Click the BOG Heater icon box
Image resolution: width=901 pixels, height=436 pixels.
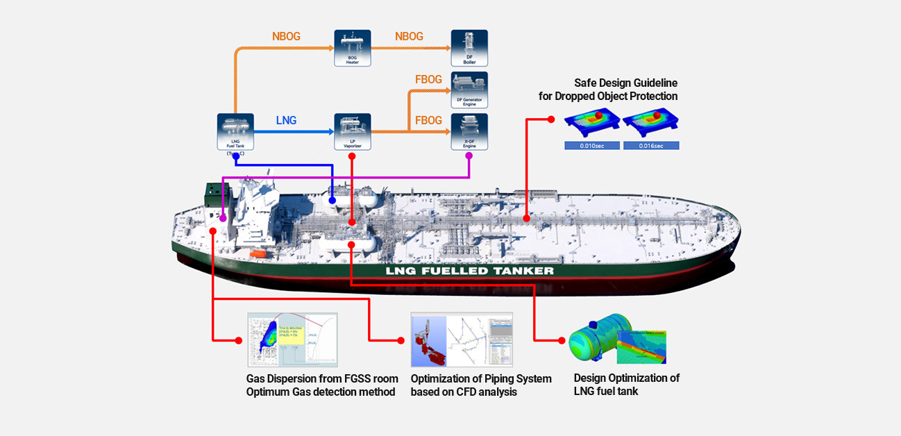coord(353,48)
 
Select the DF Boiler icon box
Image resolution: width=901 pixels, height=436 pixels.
coord(469,48)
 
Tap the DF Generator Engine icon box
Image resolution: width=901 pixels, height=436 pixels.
coord(469,90)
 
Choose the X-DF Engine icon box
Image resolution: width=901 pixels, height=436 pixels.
coord(469,131)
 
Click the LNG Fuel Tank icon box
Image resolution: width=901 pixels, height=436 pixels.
coord(235,131)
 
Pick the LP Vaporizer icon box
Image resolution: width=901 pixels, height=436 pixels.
coord(353,131)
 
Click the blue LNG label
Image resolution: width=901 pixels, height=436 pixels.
coord(286,121)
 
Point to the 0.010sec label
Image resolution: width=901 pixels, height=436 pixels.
coord(591,146)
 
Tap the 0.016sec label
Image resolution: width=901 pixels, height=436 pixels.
coord(650,146)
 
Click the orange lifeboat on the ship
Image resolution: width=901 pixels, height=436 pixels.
coord(257,255)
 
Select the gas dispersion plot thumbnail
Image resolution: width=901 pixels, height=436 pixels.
coord(292,339)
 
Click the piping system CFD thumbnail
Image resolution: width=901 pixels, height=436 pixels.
coord(462,339)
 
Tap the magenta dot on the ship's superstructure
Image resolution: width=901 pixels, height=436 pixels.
coord(223,219)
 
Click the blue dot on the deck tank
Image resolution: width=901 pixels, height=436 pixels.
coord(332,201)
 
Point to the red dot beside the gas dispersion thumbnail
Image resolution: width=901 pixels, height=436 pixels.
coord(239,340)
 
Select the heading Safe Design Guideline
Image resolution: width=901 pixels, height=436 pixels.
coord(625,83)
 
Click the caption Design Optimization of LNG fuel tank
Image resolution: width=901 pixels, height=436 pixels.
coord(626,385)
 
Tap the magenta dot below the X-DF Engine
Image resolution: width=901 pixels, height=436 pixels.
coord(469,156)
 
